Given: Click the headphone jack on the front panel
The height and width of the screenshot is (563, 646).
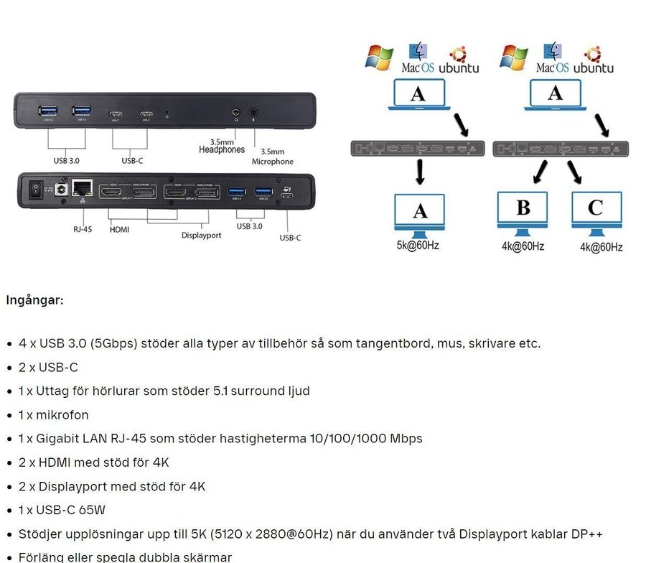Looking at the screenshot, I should (236, 113).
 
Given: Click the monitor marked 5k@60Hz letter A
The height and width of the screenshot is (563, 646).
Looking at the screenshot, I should (419, 212).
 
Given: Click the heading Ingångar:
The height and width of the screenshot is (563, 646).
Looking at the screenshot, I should (34, 299).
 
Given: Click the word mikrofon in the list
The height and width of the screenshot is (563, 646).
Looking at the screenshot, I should (68, 415).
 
